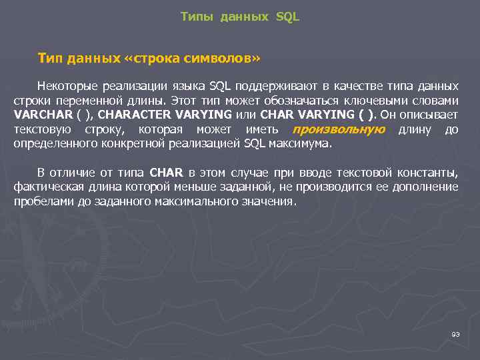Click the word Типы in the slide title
[x=195, y=17]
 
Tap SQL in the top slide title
[x=287, y=17]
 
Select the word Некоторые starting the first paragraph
[x=68, y=87]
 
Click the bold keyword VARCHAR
[x=41, y=115]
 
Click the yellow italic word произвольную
[x=339, y=129]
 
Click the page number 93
[x=455, y=334]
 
